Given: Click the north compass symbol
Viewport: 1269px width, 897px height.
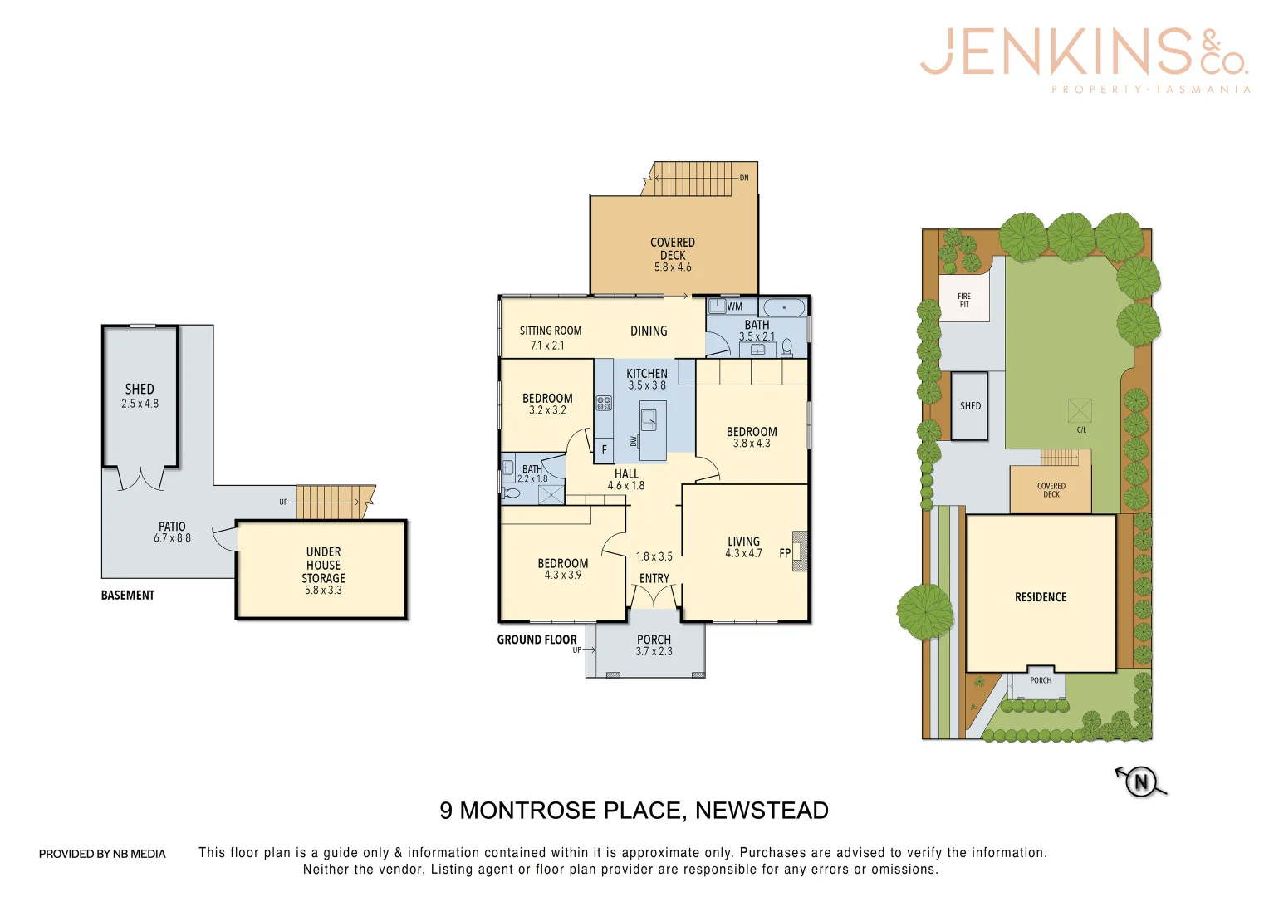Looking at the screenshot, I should (x=1141, y=782).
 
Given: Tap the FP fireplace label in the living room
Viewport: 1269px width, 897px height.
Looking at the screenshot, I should (x=785, y=553).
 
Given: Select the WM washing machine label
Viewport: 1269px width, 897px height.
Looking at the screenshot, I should (x=735, y=306).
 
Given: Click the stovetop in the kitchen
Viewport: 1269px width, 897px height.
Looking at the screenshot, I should (x=604, y=404).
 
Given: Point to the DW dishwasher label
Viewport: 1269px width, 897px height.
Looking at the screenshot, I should (x=634, y=441).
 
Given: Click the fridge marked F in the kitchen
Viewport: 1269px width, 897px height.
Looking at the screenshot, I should (x=604, y=449).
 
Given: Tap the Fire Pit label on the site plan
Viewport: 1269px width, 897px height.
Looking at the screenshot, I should (x=964, y=300).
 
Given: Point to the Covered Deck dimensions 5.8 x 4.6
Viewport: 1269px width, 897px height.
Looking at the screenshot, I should (x=673, y=267).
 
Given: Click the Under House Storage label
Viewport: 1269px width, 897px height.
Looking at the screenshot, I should (x=323, y=565).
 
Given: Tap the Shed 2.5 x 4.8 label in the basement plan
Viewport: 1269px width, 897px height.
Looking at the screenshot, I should (x=140, y=395).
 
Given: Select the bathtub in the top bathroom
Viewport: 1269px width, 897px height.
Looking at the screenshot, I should (x=784, y=307).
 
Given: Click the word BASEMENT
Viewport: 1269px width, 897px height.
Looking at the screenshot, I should (x=128, y=596).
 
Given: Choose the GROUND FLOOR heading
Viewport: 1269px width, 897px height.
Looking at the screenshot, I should (x=537, y=640).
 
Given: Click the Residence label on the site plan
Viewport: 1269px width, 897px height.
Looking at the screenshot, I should (x=1041, y=597).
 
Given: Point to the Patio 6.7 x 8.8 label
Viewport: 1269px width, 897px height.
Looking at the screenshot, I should (x=172, y=532).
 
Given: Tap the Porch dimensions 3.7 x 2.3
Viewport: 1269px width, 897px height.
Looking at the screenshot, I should (x=654, y=652).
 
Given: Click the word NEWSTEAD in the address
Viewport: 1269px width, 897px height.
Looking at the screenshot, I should (x=762, y=811).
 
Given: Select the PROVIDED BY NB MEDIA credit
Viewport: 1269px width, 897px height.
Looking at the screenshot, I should (x=102, y=854).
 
